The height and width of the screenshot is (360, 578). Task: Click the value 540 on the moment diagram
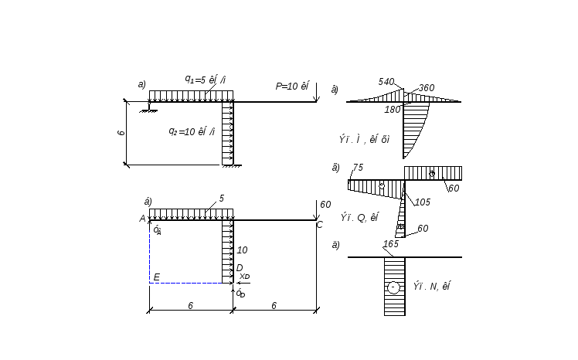(x=386, y=82)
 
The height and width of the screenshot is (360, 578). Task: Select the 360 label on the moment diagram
(x=427, y=88)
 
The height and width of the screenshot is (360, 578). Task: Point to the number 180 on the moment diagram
(x=393, y=110)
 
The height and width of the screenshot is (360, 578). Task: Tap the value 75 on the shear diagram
(x=358, y=168)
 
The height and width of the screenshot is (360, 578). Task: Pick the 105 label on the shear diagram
(x=422, y=202)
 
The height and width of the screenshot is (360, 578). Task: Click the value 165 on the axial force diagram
(x=391, y=244)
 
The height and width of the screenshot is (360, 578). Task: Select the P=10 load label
(x=292, y=87)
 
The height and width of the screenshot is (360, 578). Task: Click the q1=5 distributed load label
(x=205, y=80)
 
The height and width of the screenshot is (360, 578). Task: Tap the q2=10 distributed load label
(x=192, y=131)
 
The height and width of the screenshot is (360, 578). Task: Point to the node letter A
(x=142, y=219)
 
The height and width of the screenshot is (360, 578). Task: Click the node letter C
(x=319, y=225)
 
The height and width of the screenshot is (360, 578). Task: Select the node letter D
(x=239, y=268)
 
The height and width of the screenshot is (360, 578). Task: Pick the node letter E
(x=156, y=277)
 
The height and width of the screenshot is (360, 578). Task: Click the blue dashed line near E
(x=189, y=283)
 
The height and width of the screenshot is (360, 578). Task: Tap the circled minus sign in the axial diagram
(x=393, y=287)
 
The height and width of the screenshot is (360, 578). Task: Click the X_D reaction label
(x=244, y=276)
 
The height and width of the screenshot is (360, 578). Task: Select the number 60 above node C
(x=325, y=205)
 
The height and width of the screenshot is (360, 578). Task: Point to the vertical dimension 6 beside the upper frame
(x=121, y=133)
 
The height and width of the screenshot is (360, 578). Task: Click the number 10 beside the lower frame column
(x=242, y=250)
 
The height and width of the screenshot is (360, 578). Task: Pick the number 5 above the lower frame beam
(x=221, y=199)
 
